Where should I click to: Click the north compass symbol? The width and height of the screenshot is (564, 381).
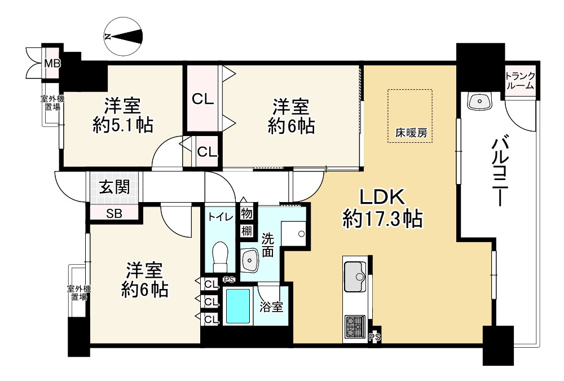pyautogui.click(x=124, y=36)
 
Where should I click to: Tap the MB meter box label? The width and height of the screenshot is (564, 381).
pyautogui.click(x=52, y=63)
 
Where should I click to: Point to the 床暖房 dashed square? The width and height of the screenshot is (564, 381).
pyautogui.click(x=409, y=116)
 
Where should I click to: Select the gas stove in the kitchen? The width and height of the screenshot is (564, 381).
pyautogui.click(x=355, y=326)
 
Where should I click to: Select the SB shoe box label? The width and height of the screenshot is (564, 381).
pyautogui.click(x=113, y=213)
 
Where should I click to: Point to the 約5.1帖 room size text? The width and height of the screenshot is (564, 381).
pyautogui.click(x=122, y=125)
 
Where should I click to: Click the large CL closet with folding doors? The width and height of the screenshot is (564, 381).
pyautogui.click(x=203, y=99)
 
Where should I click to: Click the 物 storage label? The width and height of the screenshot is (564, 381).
pyautogui.click(x=246, y=214)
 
